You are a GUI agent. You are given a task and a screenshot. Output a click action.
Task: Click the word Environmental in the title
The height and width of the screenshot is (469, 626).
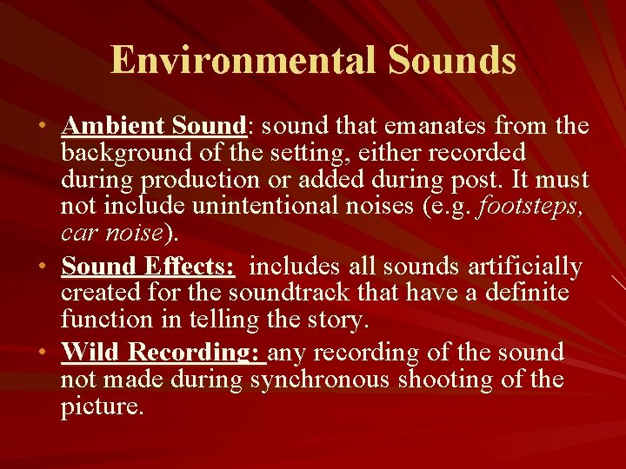[243, 61]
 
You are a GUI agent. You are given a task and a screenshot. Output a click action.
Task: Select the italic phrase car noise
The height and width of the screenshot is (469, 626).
[111, 234]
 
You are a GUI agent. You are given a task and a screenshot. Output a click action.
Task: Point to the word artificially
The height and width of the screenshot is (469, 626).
[528, 266]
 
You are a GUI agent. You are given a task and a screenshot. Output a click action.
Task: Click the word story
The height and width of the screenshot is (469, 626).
[338, 320]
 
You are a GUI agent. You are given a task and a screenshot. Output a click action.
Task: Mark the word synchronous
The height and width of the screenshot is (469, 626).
[320, 380]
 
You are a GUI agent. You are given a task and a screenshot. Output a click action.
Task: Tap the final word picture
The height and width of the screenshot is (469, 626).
[101, 406]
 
